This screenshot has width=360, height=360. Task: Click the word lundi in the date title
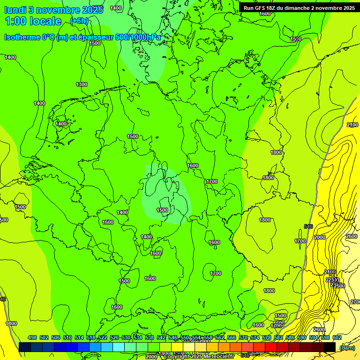pos(18,9)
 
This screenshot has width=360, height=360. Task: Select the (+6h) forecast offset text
pos(79,21)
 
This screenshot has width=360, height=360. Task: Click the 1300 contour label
pos(82,84)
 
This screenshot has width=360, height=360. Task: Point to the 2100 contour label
pos(352,125)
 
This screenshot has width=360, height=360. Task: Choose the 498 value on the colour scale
pos(32,338)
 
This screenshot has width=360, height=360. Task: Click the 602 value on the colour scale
pos(337,338)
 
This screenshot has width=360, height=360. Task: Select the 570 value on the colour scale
pos(243,338)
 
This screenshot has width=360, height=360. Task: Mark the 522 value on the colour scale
pos(103,338)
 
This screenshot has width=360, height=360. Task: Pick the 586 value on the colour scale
pos(290,338)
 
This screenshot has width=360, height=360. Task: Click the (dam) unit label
pos(347,348)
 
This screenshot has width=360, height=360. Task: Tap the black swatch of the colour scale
pos(330,347)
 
